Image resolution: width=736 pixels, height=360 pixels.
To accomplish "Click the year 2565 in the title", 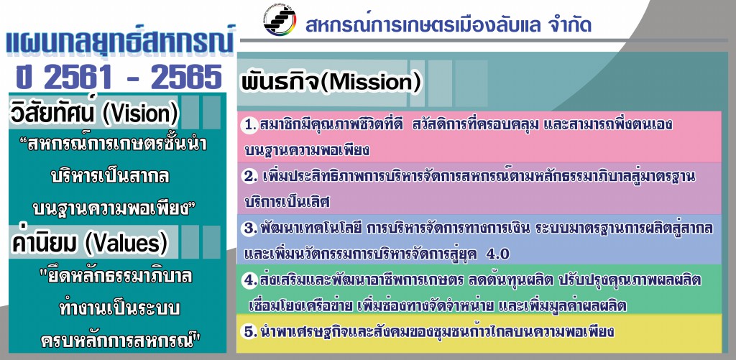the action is pyautogui.click(x=186, y=76).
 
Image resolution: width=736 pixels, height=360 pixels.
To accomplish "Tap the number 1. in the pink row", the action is pyautogui.click(x=250, y=126).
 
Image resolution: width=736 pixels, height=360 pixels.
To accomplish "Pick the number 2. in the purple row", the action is pyautogui.click(x=250, y=177).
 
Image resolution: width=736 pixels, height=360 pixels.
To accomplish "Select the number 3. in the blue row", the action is pyautogui.click(x=250, y=229).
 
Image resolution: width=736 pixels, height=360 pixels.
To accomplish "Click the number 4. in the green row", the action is pyautogui.click(x=250, y=280).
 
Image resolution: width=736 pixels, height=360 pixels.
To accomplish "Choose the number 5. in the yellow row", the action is pyautogui.click(x=250, y=331).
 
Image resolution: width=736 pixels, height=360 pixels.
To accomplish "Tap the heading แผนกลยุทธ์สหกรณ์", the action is pyautogui.click(x=120, y=42).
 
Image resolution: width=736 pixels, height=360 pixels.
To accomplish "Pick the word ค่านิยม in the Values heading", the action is pyautogui.click(x=47, y=242).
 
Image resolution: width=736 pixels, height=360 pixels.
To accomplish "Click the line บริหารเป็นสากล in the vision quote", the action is pyautogui.click(x=110, y=177).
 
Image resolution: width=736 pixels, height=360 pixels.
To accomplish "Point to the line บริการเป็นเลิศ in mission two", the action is pyautogui.click(x=287, y=202).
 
